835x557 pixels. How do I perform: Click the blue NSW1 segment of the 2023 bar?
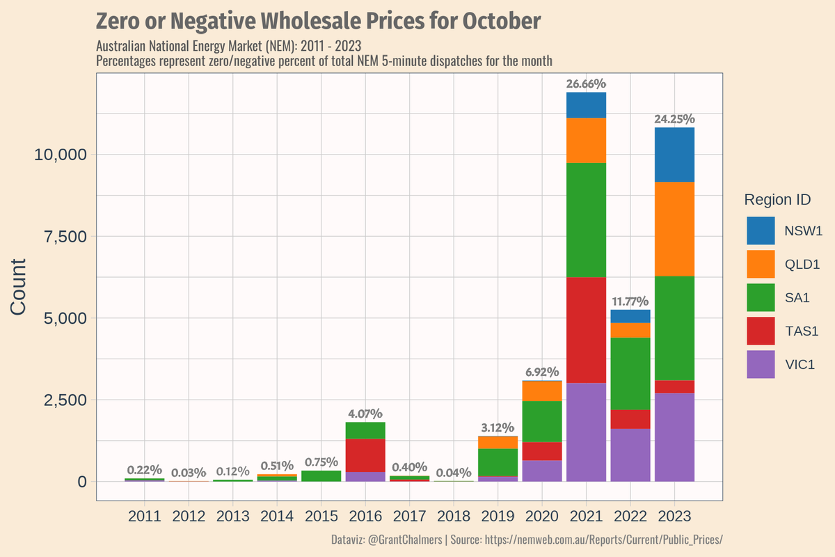674,155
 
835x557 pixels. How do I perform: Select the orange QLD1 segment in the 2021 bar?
586,140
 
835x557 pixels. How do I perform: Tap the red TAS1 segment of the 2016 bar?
365,455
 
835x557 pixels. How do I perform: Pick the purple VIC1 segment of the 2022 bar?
630,455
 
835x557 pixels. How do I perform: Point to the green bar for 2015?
321,476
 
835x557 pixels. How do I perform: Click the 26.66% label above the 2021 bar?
586,84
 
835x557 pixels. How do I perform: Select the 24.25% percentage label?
674,120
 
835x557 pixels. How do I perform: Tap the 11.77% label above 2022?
630,301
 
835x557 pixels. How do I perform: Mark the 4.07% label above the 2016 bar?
365,414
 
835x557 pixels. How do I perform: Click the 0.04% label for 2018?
454,473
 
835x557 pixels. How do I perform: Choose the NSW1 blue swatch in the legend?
761,231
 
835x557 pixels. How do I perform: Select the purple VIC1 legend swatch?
761,364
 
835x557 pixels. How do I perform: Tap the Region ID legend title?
777,200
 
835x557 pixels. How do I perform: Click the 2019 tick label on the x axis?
498,517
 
